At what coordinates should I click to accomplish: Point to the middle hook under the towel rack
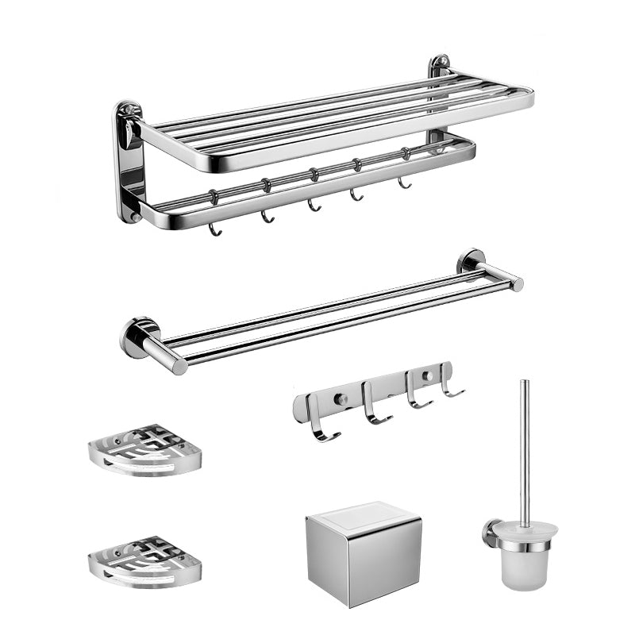click(314, 204)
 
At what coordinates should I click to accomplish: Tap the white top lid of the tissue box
click(364, 514)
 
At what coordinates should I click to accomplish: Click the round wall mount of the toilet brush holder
click(491, 533)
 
